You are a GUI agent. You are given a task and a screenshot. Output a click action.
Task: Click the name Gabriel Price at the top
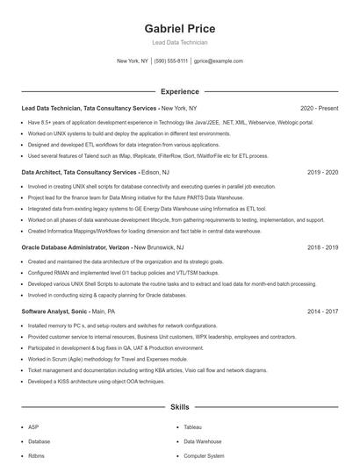[x=179, y=28]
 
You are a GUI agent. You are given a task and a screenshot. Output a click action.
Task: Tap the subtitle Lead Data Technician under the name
[x=179, y=42]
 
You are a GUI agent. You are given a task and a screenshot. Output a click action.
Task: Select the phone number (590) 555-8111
[x=171, y=61]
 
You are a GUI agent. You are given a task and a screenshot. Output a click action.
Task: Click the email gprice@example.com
[x=219, y=61]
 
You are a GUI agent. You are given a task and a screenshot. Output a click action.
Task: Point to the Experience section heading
[x=179, y=91]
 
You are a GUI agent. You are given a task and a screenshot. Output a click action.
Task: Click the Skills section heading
[x=179, y=407]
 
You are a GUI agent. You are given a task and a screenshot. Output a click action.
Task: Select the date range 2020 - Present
[x=319, y=108]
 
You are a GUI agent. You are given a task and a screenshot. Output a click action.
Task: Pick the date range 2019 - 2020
[x=322, y=173]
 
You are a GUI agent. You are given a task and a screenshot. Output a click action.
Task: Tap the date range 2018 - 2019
[x=322, y=247]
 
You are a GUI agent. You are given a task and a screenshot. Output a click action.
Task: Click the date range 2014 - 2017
[x=322, y=311]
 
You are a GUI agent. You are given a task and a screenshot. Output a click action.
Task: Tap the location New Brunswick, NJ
[x=159, y=247]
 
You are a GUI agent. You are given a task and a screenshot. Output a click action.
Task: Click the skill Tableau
[x=192, y=427]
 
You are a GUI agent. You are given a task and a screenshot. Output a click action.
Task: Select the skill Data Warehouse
[x=203, y=441]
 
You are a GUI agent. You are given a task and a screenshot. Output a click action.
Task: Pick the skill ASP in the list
[x=33, y=427]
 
